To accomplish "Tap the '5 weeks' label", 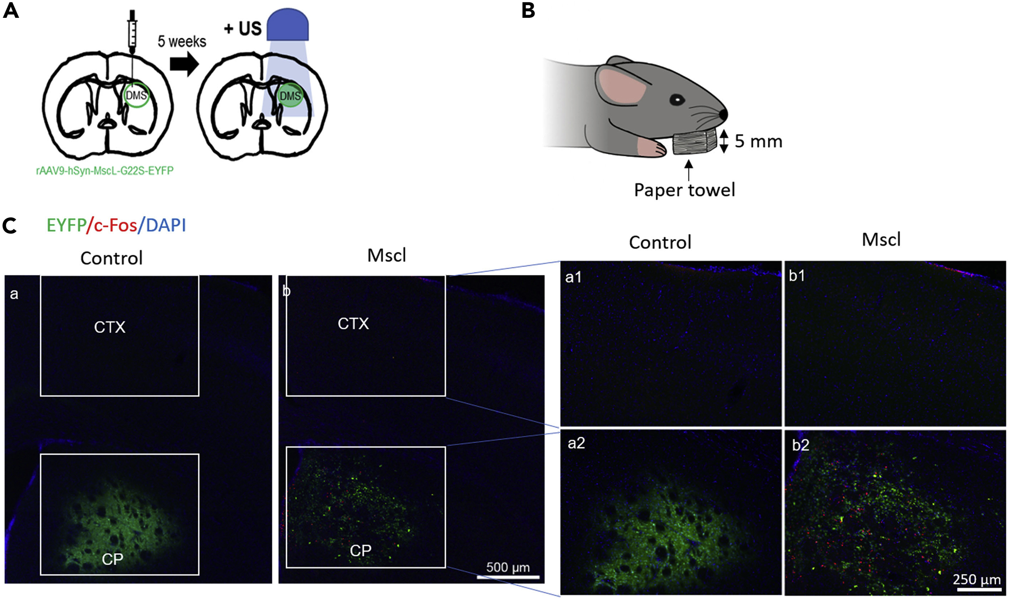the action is (182, 42).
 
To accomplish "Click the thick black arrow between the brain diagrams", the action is (184, 64).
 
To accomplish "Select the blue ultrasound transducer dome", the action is (287, 25).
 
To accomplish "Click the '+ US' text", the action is (243, 29).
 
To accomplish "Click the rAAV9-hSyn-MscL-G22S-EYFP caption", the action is (105, 171).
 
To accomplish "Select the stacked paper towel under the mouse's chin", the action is (694, 143).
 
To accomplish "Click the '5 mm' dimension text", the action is (759, 141).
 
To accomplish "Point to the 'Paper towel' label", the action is (685, 190).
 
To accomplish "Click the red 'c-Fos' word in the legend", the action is (115, 225).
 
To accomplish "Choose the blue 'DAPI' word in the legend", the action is (166, 225).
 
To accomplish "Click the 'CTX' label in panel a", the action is (110, 327).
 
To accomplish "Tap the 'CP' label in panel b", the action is (361, 551).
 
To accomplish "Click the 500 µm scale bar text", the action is (508, 567).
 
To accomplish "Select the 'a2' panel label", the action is (576, 443).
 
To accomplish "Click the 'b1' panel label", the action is (797, 276).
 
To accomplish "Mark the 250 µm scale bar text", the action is (976, 579).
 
